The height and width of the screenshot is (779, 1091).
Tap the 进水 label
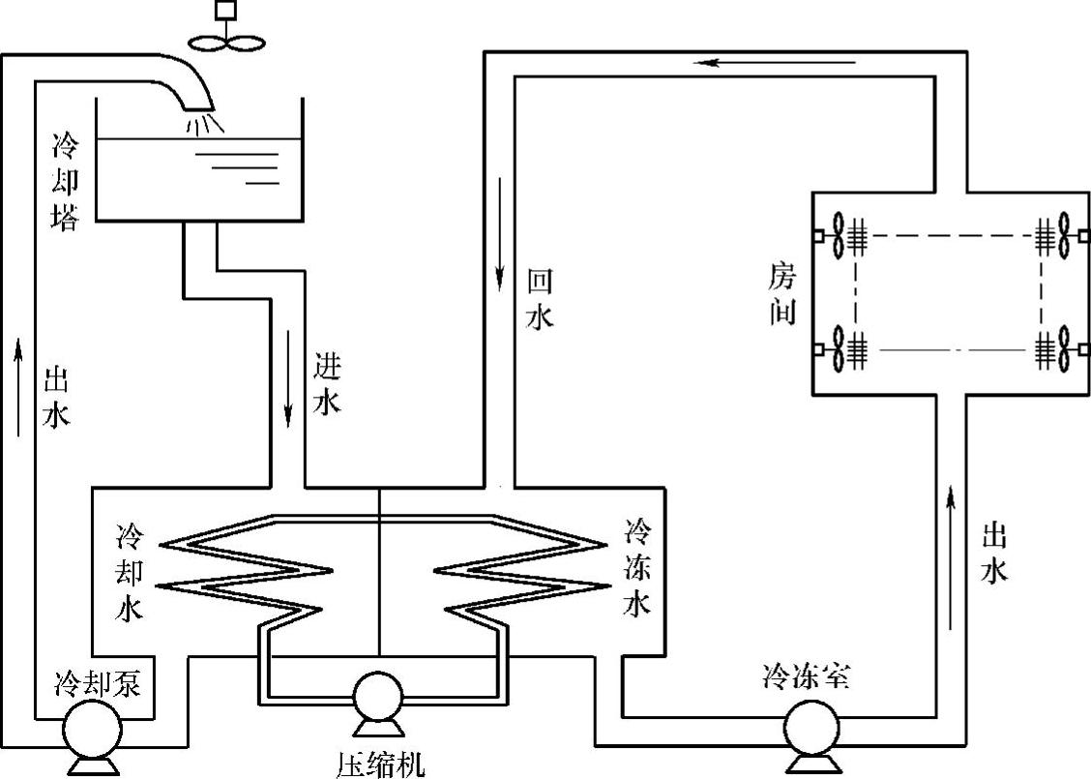tap(327, 384)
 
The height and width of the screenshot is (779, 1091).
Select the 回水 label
tap(540, 300)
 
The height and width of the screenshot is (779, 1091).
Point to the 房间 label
tap(781, 295)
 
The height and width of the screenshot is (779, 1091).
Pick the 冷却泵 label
tap(99, 684)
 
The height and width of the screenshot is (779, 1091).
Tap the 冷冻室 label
tap(806, 676)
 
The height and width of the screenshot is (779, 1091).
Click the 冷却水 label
tap(130, 571)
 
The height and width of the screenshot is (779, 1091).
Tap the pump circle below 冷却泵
tap(93, 729)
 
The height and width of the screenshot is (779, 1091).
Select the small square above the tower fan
tap(226, 10)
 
